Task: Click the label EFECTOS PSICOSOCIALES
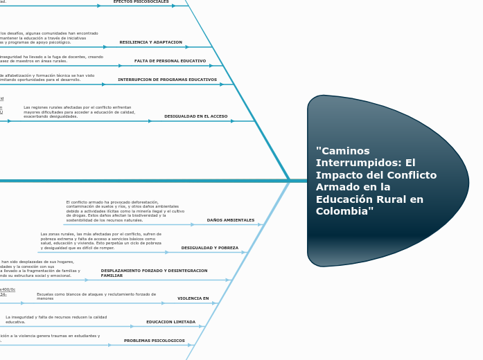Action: (141, 2)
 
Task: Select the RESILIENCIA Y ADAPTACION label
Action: (150, 42)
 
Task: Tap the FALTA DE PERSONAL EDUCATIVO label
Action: (170, 61)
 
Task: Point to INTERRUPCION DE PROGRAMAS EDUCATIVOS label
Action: (167, 80)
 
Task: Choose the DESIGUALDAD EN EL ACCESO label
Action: (195, 116)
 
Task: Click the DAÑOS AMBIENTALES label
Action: (231, 220)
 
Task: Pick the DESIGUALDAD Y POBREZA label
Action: (209, 248)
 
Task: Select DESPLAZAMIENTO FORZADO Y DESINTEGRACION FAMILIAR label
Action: (154, 273)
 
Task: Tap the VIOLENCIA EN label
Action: (193, 298)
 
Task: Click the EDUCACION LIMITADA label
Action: (170, 322)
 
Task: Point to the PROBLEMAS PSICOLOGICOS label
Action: (155, 341)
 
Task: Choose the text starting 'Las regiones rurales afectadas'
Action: (79, 112)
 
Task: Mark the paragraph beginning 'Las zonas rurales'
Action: (100, 241)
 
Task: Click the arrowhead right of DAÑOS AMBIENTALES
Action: (261, 224)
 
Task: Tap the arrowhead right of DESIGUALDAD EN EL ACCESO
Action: (233, 121)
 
